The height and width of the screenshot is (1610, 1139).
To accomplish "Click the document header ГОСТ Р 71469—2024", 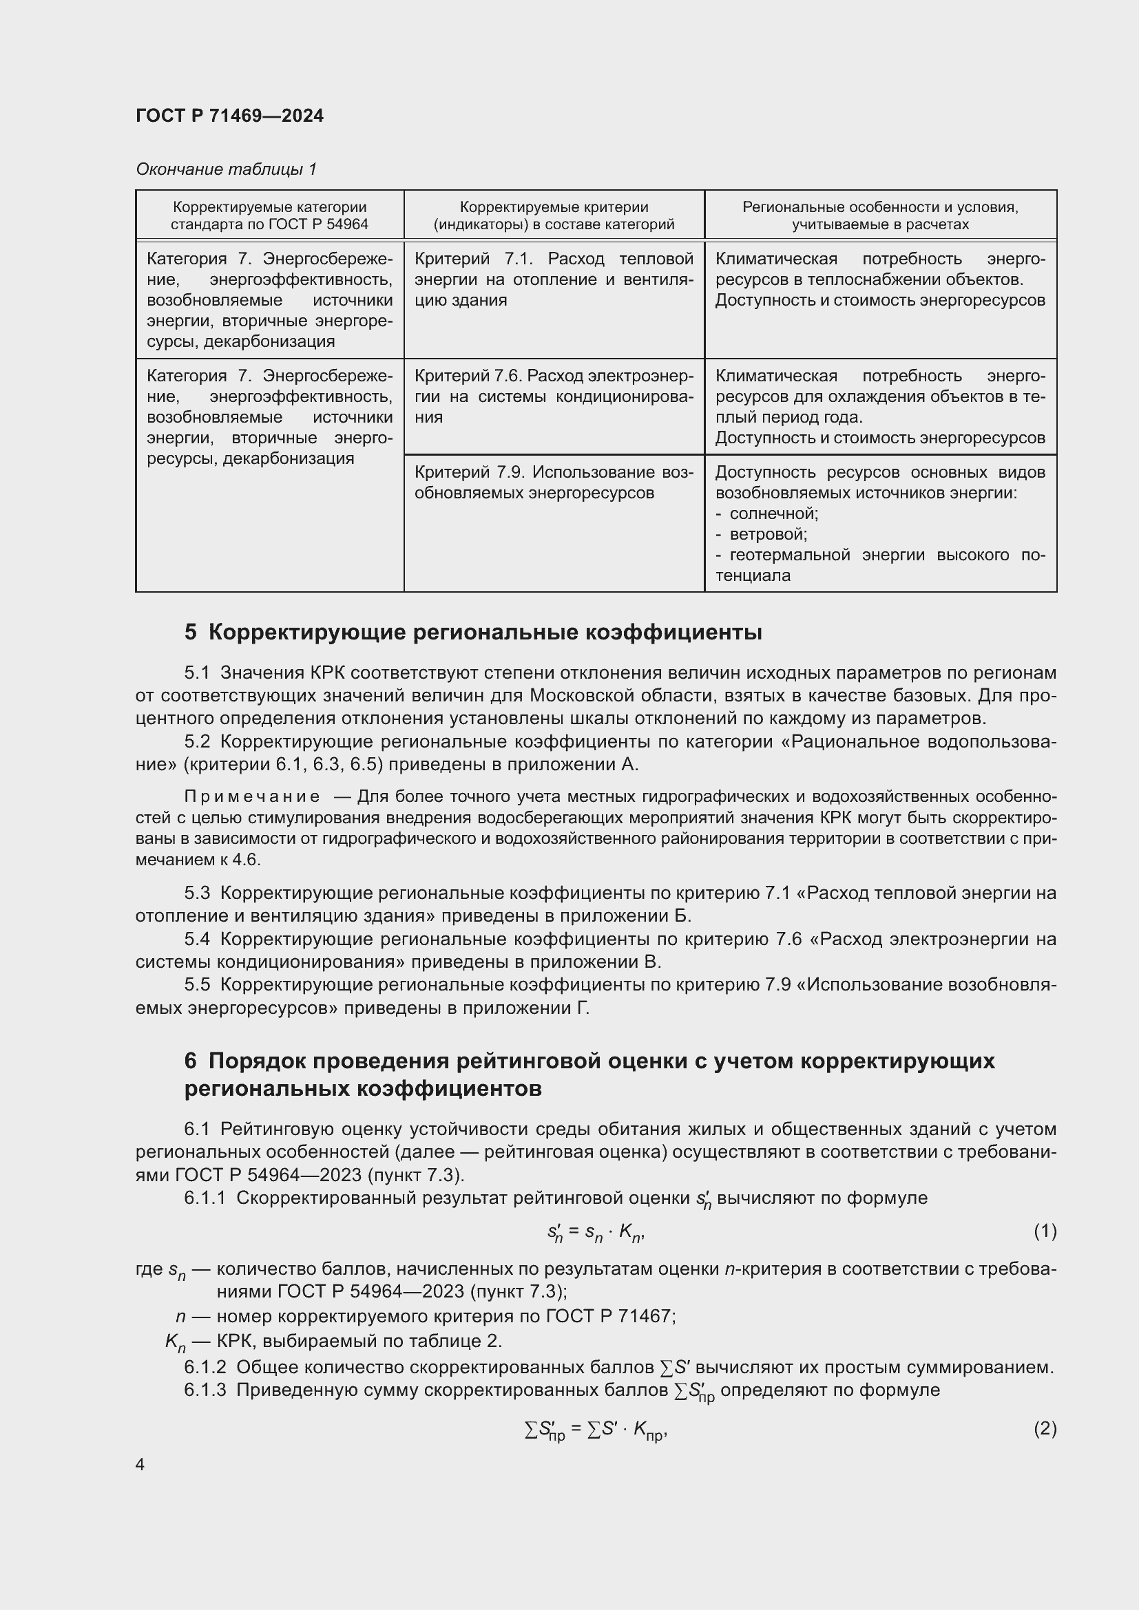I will (x=229, y=116).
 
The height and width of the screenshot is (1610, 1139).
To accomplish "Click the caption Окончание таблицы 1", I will (x=226, y=169).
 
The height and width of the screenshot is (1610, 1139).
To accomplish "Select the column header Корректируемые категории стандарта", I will (x=269, y=215).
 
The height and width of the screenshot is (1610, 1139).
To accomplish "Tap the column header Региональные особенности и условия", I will (x=879, y=215).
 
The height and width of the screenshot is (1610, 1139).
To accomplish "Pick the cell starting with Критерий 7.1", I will (x=554, y=279).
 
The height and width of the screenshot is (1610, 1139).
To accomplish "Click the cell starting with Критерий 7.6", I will (x=554, y=396).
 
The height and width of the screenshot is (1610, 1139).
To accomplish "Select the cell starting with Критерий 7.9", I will (x=554, y=482).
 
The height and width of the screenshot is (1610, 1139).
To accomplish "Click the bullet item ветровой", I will (x=768, y=534).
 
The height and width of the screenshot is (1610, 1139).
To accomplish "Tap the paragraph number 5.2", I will (x=197, y=741).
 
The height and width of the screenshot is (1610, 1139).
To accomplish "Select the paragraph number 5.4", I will (x=197, y=938).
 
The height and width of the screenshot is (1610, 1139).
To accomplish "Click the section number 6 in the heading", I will (x=190, y=1061).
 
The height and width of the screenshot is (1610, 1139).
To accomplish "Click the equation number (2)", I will (x=1045, y=1428).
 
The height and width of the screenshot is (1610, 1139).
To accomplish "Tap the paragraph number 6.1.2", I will (x=205, y=1367).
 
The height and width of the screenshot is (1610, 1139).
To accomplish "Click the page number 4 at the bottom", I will (x=140, y=1464).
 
